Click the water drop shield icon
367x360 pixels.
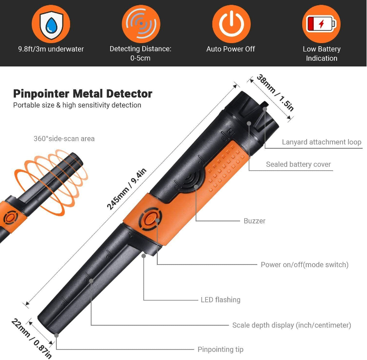point(51,24)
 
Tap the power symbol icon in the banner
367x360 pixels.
point(231,24)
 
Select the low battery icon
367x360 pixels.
point(321,24)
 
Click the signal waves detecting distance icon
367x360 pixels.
point(141,24)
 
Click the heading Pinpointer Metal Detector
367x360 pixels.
point(83,94)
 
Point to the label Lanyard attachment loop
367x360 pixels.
point(321,142)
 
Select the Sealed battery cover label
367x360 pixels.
point(298,164)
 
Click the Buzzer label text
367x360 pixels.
point(254,221)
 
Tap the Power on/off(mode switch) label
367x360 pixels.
point(304,264)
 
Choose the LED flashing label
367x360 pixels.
point(220,300)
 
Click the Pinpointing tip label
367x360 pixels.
point(220,349)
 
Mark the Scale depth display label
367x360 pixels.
point(292,325)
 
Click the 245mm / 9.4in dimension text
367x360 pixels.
point(126,189)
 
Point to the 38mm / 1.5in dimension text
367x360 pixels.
point(275,93)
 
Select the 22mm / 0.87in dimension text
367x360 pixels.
point(32,338)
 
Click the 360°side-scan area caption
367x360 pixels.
point(64,139)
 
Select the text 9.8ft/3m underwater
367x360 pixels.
point(51,49)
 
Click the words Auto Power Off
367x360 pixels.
point(230,49)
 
